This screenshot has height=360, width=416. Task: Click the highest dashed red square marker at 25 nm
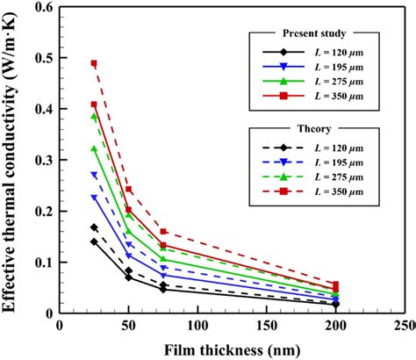point(94,63)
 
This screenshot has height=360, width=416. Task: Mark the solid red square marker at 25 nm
point(94,104)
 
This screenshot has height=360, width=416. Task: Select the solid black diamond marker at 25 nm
point(94,241)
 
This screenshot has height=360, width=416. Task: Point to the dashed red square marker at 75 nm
point(163,232)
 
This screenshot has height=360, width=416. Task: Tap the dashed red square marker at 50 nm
point(129,189)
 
